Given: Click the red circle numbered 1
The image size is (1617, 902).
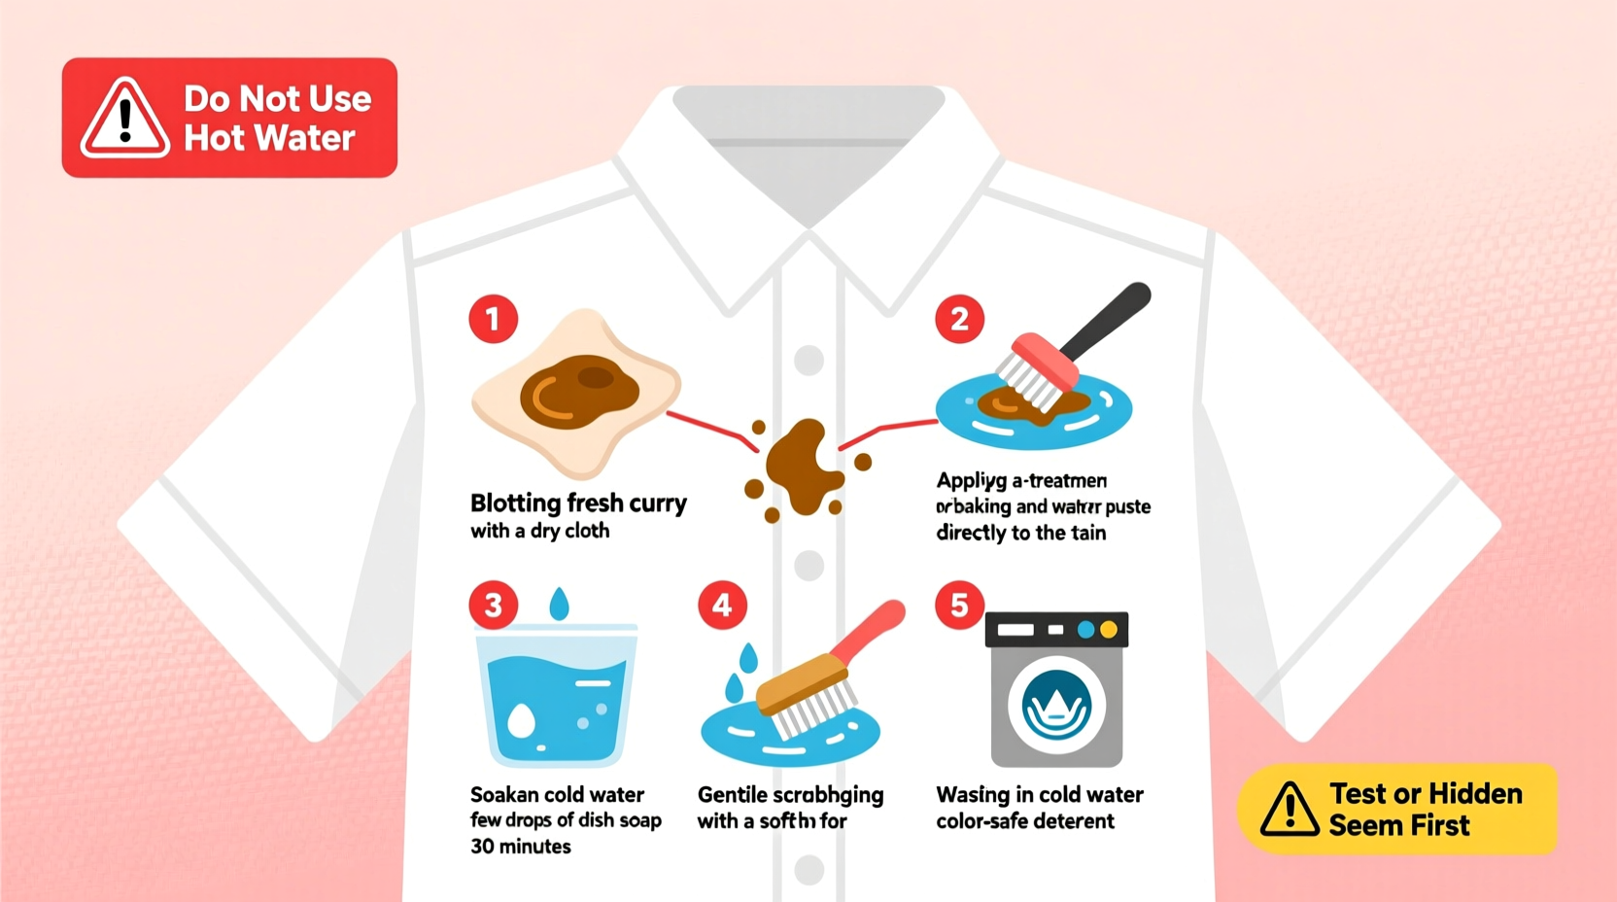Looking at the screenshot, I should click(x=493, y=319).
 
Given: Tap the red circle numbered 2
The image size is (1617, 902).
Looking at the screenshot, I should click(x=959, y=319).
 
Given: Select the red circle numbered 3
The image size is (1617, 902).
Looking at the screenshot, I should click(x=493, y=606).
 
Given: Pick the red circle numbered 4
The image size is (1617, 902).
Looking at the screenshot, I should click(x=722, y=606).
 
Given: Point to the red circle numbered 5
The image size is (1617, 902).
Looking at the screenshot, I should click(x=959, y=606).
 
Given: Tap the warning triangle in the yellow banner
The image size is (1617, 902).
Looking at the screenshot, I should click(x=1289, y=810).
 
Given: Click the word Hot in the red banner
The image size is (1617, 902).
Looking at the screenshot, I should click(x=214, y=139).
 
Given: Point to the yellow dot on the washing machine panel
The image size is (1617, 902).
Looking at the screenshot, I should click(x=1108, y=631).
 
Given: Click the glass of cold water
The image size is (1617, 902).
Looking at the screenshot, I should click(x=557, y=695).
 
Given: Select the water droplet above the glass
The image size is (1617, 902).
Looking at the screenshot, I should click(x=559, y=604).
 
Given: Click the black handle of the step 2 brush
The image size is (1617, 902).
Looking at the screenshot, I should click(x=1108, y=319).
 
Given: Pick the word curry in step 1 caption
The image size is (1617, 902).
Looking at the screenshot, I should click(x=658, y=503).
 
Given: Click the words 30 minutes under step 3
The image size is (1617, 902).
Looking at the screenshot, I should click(x=521, y=847).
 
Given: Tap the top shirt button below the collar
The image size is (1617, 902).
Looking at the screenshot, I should click(x=808, y=360).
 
